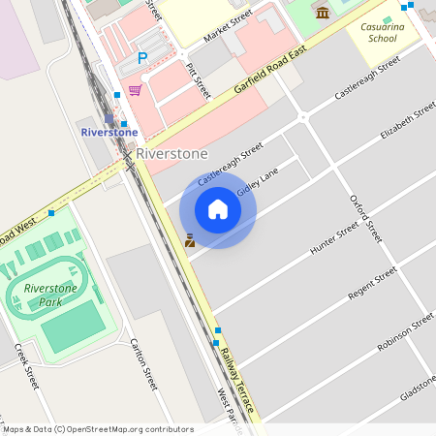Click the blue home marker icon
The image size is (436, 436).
pyautogui.click(x=218, y=209)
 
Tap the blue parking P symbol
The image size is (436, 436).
pyautogui.click(x=142, y=58)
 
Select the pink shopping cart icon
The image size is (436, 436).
pyautogui.click(x=135, y=90)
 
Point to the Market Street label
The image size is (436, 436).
pyautogui.click(x=228, y=28)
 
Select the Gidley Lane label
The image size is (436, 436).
pyautogui.click(x=258, y=181)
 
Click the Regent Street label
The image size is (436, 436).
pyautogui.click(x=373, y=286)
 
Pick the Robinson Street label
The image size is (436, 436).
pyautogui.click(x=406, y=332)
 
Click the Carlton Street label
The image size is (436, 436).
pyautogui.click(x=143, y=364)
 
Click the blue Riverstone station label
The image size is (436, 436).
pyautogui.click(x=109, y=132)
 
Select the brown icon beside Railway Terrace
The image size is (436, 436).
pyautogui.click(x=190, y=240)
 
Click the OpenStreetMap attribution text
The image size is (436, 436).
pyautogui.click(x=98, y=428)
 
